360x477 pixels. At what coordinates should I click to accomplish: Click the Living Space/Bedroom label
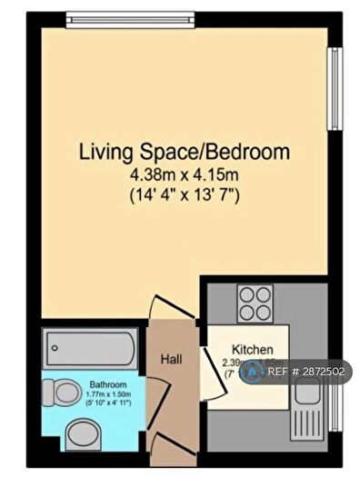point(184,150)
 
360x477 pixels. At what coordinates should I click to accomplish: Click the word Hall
point(171,360)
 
